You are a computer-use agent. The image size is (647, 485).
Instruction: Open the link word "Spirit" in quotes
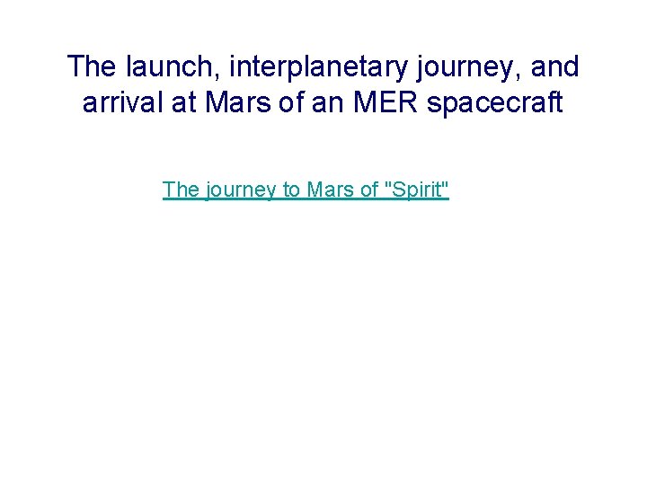tap(416, 190)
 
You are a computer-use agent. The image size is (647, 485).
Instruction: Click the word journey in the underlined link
tap(243, 190)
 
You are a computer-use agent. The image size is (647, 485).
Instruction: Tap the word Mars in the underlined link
tap(331, 190)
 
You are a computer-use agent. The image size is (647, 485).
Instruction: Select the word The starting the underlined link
tap(182, 190)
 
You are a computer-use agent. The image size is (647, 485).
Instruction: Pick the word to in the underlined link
tap(293, 190)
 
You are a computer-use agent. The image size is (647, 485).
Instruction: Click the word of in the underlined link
tap(369, 190)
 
